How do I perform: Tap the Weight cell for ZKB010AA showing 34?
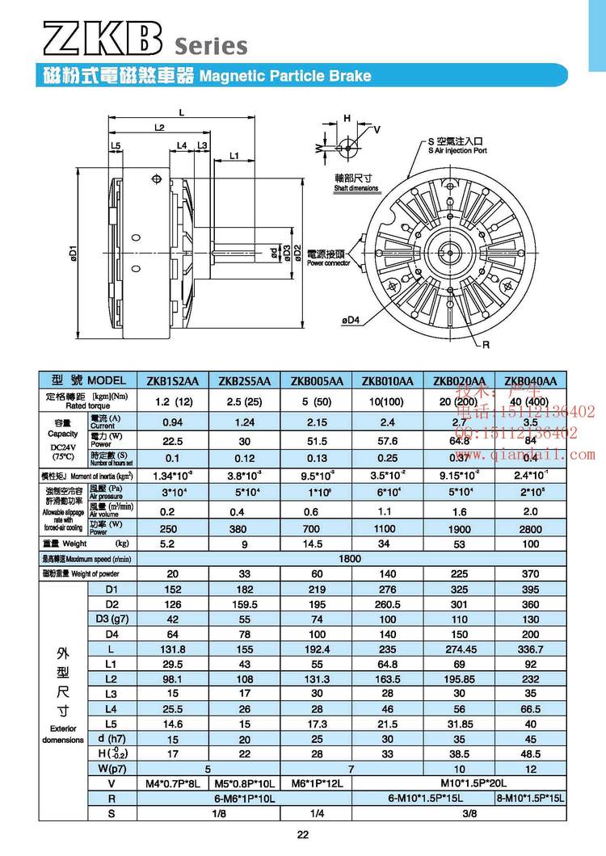tap(389, 545)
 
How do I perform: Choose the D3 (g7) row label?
tap(112, 619)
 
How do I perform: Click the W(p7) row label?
tap(111, 769)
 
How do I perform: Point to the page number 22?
tap(303, 836)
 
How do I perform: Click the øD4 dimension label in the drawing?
tap(351, 321)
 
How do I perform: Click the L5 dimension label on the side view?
tap(116, 145)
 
